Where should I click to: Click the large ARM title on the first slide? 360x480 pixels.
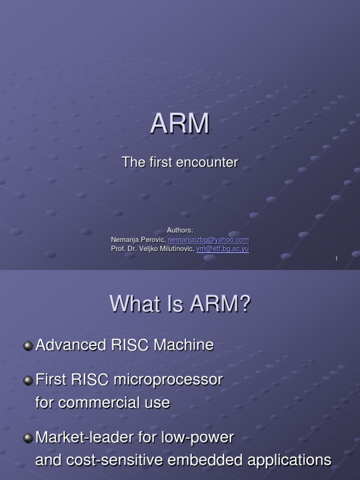click(x=180, y=124)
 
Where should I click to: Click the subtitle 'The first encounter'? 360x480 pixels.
click(x=180, y=163)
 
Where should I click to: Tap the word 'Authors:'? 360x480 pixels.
click(x=180, y=230)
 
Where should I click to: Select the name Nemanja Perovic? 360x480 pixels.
click(x=138, y=240)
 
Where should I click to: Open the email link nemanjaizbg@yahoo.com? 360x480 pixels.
click(x=208, y=240)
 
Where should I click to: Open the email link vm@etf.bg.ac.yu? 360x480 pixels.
click(x=222, y=249)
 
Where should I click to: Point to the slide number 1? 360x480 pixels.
click(x=337, y=259)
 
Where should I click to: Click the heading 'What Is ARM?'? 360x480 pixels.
click(x=180, y=305)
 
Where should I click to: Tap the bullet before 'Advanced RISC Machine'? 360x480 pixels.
click(x=28, y=345)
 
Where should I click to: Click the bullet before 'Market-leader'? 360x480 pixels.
click(x=28, y=438)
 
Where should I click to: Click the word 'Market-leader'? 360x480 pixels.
click(x=84, y=438)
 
